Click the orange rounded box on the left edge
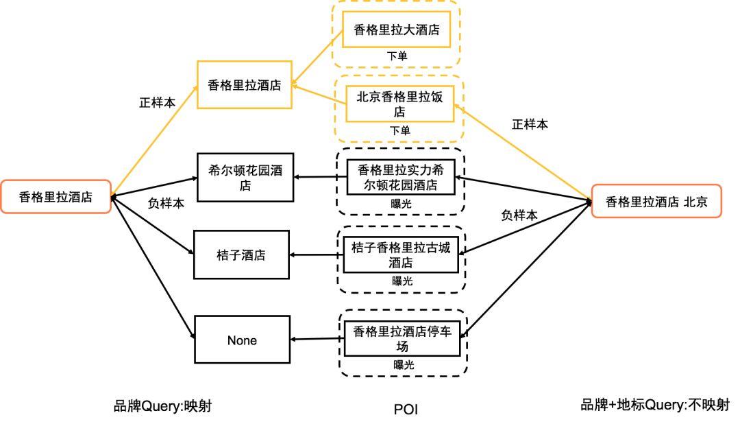coord(56,197)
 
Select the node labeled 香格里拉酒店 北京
coord(656,201)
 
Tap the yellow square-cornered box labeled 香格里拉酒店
coord(245,84)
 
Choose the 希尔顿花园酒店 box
coord(245,178)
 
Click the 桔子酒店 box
coord(241,255)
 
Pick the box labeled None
coord(242,340)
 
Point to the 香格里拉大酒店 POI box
coord(396,29)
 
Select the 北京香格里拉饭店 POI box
coord(399,104)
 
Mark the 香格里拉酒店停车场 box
coord(402,339)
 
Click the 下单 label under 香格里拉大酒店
coord(397,56)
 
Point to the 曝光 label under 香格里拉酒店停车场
coord(404,365)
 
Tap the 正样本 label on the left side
coord(157,102)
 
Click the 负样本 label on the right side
coord(519,215)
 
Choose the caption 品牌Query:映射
coord(162,406)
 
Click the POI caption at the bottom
coord(406,410)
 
